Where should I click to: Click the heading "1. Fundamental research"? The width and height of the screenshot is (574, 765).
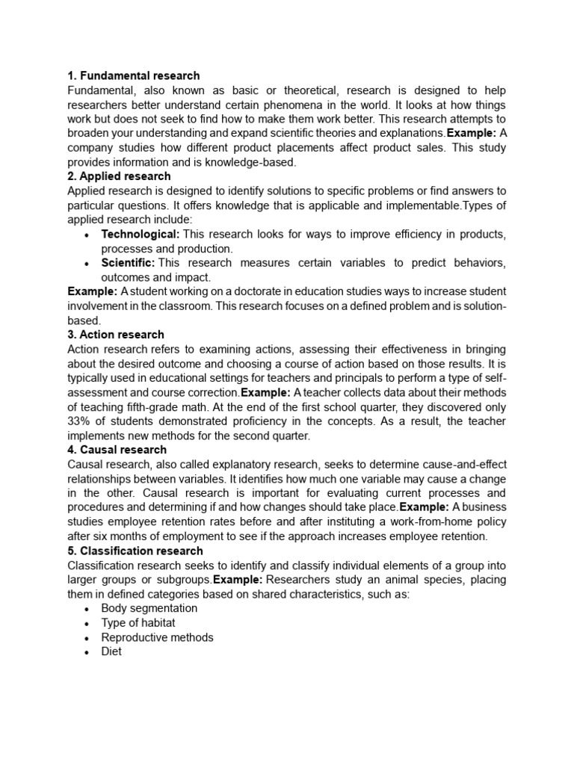134,75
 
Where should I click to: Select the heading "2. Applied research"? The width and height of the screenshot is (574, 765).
119,176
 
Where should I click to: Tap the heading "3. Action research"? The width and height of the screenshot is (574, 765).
116,335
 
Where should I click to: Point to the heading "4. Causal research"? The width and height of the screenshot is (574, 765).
117,450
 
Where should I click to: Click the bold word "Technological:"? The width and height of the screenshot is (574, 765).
141,234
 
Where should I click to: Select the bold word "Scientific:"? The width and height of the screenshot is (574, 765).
128,263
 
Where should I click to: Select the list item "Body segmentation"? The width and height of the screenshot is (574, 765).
149,608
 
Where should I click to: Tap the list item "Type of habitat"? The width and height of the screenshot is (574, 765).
139,623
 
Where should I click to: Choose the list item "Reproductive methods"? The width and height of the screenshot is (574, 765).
157,637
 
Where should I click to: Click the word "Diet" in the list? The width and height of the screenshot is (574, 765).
111,651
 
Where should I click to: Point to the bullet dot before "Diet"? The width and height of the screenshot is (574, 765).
87,652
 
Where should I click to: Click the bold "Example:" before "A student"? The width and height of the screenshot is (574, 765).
93,291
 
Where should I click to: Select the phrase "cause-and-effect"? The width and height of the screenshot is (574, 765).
426,465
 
